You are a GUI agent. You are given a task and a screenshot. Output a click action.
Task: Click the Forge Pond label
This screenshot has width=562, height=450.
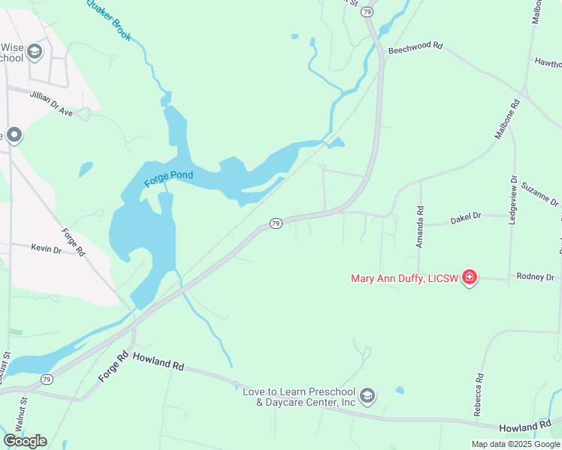pos(168,177)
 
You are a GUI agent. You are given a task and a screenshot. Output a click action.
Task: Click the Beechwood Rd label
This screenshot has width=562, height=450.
pos(415,48)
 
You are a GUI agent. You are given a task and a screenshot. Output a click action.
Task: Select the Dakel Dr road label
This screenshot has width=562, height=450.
pos(465,217)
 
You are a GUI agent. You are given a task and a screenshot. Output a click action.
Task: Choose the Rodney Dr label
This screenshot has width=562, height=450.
pos(535,277)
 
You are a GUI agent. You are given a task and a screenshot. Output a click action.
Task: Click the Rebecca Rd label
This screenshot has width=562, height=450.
pos(477,395)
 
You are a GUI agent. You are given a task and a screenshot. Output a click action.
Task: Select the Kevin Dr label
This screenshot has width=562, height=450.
pos(46,248)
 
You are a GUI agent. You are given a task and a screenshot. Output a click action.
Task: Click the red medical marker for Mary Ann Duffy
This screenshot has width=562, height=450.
pos(470,278)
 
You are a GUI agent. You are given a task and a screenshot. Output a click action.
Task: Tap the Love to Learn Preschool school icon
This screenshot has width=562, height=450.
pos(367,395)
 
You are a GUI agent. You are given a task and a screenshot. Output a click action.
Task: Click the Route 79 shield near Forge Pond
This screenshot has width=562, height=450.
pos(276,223)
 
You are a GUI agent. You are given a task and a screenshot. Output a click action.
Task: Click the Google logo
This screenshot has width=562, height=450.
pos(25,440)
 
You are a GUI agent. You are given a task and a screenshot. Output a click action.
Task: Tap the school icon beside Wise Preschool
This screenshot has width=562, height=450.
pos(34,51)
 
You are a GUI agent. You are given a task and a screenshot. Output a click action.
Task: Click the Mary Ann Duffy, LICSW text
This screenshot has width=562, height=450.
pos(405,279)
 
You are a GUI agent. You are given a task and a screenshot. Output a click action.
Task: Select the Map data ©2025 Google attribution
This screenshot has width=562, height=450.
pos(516,444)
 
